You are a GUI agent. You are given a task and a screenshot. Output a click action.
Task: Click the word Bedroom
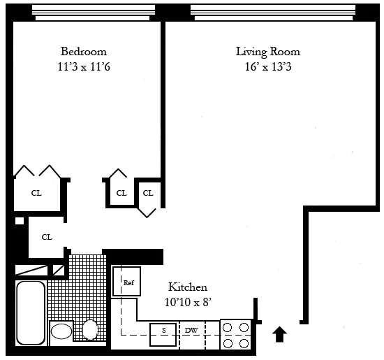click(x=83, y=52)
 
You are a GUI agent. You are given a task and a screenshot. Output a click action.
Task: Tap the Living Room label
click(x=267, y=52)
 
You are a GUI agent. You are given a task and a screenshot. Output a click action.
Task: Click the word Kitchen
click(x=187, y=287)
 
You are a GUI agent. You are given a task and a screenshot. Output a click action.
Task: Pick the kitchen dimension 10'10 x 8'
click(x=187, y=301)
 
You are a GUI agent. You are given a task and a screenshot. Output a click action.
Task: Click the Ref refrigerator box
click(x=128, y=282)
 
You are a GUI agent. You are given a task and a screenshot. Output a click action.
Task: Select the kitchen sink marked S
click(x=163, y=330)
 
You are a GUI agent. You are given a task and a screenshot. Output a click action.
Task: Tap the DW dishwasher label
click(x=191, y=330)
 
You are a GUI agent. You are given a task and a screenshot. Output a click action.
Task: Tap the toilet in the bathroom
click(x=90, y=329)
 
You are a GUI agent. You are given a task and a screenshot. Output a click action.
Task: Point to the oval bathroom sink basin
click(x=61, y=331)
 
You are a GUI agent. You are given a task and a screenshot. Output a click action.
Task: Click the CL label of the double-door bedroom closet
click(x=36, y=193)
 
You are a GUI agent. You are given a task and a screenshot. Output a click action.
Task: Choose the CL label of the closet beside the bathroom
click(x=47, y=237)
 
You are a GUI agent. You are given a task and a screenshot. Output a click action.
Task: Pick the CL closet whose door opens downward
click(x=148, y=193)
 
